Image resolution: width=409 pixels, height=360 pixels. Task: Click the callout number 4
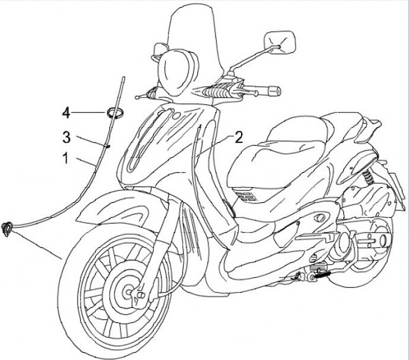(66, 114)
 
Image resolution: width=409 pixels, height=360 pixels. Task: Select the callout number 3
(66, 136)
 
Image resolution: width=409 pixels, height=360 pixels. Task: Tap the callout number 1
(66, 158)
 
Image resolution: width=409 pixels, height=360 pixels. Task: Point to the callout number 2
(239, 137)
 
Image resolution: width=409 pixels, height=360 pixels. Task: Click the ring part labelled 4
(114, 112)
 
